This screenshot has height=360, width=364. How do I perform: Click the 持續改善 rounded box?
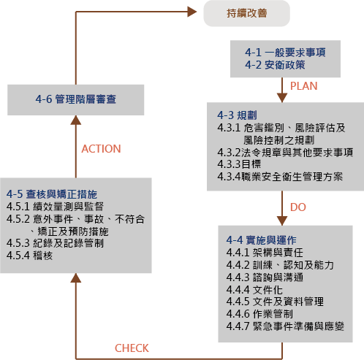point(246,13)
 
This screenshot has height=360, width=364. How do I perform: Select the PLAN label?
point(303,86)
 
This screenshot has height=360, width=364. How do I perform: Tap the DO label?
point(298,207)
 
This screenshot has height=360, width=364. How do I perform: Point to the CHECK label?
point(132,348)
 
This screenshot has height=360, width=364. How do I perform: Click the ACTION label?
point(101,149)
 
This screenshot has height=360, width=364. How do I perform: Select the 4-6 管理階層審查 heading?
point(76,99)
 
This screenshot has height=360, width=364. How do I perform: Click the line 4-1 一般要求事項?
point(285,53)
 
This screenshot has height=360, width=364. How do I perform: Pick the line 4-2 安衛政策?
point(275,65)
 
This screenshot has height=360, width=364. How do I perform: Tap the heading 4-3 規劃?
point(237,115)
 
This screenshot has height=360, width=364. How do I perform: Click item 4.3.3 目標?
point(239,164)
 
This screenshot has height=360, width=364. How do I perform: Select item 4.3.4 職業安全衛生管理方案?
point(280,177)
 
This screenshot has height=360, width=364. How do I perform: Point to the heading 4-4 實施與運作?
point(262,240)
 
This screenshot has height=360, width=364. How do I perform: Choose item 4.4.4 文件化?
point(254,290)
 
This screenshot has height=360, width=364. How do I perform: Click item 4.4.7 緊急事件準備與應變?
point(285,326)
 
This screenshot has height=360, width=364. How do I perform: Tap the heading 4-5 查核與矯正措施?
point(52,194)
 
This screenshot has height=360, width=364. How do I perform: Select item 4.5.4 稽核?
point(29,256)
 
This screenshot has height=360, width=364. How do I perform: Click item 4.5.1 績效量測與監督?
point(55,207)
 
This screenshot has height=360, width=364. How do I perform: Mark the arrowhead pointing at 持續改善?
point(192,12)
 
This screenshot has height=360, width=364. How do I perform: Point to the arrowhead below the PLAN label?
point(282,98)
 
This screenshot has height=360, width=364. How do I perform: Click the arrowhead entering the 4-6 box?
point(76,120)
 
